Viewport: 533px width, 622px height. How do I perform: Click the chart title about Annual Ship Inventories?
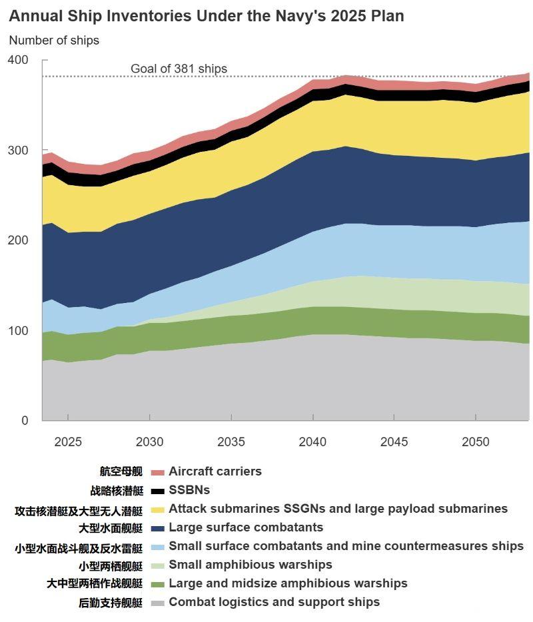pyautogui.click(x=207, y=16)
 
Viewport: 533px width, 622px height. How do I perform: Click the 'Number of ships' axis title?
pyautogui.click(x=54, y=41)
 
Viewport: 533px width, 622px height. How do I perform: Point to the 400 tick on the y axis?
pyautogui.click(x=18, y=61)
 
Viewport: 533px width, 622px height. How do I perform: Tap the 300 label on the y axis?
pyautogui.click(x=18, y=151)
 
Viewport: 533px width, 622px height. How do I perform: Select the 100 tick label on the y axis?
pyautogui.click(x=18, y=331)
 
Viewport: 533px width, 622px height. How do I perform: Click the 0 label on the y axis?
pyautogui.click(x=25, y=421)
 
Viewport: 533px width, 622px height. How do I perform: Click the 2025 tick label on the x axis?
pyautogui.click(x=68, y=442)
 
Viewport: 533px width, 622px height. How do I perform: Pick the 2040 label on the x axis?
pyautogui.click(x=312, y=442)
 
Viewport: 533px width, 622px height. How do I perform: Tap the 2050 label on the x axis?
pyautogui.click(x=476, y=442)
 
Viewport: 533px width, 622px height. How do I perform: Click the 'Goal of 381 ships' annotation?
pyautogui.click(x=179, y=69)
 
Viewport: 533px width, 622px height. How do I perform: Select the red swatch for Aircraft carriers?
pyautogui.click(x=157, y=472)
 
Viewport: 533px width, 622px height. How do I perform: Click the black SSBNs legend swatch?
pyautogui.click(x=157, y=491)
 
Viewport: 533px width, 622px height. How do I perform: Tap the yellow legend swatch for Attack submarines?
pyautogui.click(x=157, y=509)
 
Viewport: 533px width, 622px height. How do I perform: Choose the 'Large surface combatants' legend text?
pyautogui.click(x=246, y=527)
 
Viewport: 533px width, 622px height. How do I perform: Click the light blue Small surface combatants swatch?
pyautogui.click(x=157, y=547)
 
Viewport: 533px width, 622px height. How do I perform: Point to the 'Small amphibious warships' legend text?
pyautogui.click(x=251, y=565)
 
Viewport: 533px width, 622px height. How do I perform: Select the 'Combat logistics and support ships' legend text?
pyautogui.click(x=274, y=602)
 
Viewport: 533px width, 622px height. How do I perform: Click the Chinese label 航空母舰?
pyautogui.click(x=121, y=471)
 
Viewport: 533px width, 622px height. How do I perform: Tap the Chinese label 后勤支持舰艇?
pyautogui.click(x=111, y=603)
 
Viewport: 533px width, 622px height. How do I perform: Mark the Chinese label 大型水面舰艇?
pyautogui.click(x=111, y=528)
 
